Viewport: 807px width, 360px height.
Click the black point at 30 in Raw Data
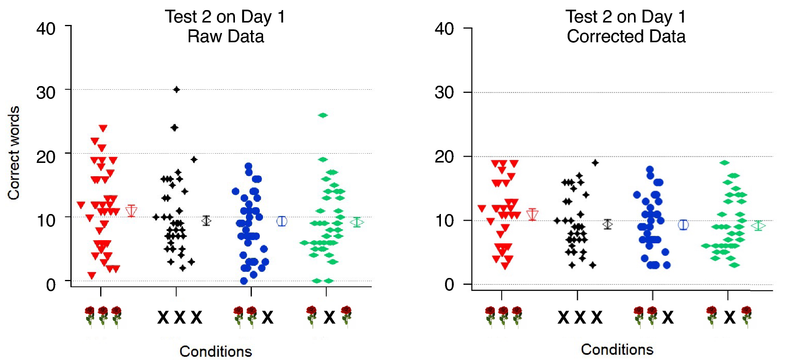click(176, 89)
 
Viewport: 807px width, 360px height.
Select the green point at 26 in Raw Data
click(323, 115)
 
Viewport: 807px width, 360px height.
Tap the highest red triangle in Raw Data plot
click(103, 128)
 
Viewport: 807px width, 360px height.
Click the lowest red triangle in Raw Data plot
click(92, 276)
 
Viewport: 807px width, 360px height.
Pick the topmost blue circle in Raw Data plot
click(248, 166)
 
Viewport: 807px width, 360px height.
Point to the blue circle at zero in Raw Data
click(244, 281)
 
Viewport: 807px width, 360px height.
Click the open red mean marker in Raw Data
click(131, 211)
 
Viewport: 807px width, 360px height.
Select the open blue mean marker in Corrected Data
click(683, 225)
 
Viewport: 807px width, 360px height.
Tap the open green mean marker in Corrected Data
click(758, 226)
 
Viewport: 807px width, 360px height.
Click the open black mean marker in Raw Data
click(206, 220)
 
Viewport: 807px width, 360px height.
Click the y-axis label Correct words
click(14, 153)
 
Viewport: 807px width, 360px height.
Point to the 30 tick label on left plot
click(46, 93)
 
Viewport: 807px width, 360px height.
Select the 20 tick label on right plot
click(444, 157)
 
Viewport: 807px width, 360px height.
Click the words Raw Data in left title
click(225, 37)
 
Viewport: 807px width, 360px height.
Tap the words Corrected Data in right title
click(626, 37)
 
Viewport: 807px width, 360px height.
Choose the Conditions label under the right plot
click(617, 350)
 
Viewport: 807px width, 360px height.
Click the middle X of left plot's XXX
click(179, 317)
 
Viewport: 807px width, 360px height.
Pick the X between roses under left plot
click(329, 317)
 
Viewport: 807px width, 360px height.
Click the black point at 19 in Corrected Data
click(595, 163)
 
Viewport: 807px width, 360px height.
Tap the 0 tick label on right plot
click(449, 285)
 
